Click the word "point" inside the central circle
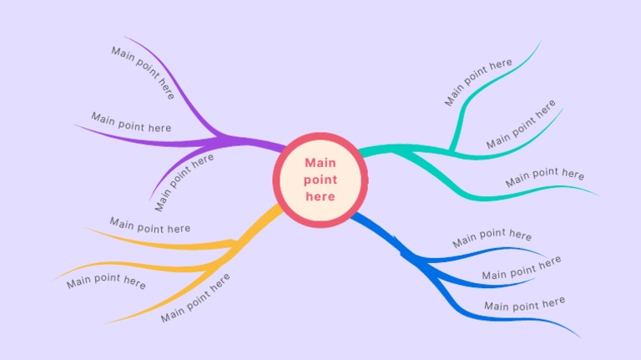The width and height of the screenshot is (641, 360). click(x=320, y=180)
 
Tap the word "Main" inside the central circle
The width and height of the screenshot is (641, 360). click(x=320, y=163)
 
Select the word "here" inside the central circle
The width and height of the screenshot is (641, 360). click(x=320, y=196)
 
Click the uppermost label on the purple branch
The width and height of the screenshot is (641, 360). click(x=143, y=73)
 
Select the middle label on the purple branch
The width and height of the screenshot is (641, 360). click(x=131, y=122)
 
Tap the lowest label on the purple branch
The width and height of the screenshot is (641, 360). click(x=184, y=182)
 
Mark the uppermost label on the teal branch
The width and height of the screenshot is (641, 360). click(x=478, y=82)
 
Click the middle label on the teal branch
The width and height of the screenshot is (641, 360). click(x=521, y=124)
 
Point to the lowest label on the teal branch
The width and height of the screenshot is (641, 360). click(x=544, y=176)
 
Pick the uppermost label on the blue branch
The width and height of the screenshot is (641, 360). click(x=492, y=239)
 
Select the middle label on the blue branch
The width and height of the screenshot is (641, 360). click(x=521, y=268)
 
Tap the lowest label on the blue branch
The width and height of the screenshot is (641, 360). click(x=524, y=304)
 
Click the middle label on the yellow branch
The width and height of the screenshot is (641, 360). click(x=106, y=281)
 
